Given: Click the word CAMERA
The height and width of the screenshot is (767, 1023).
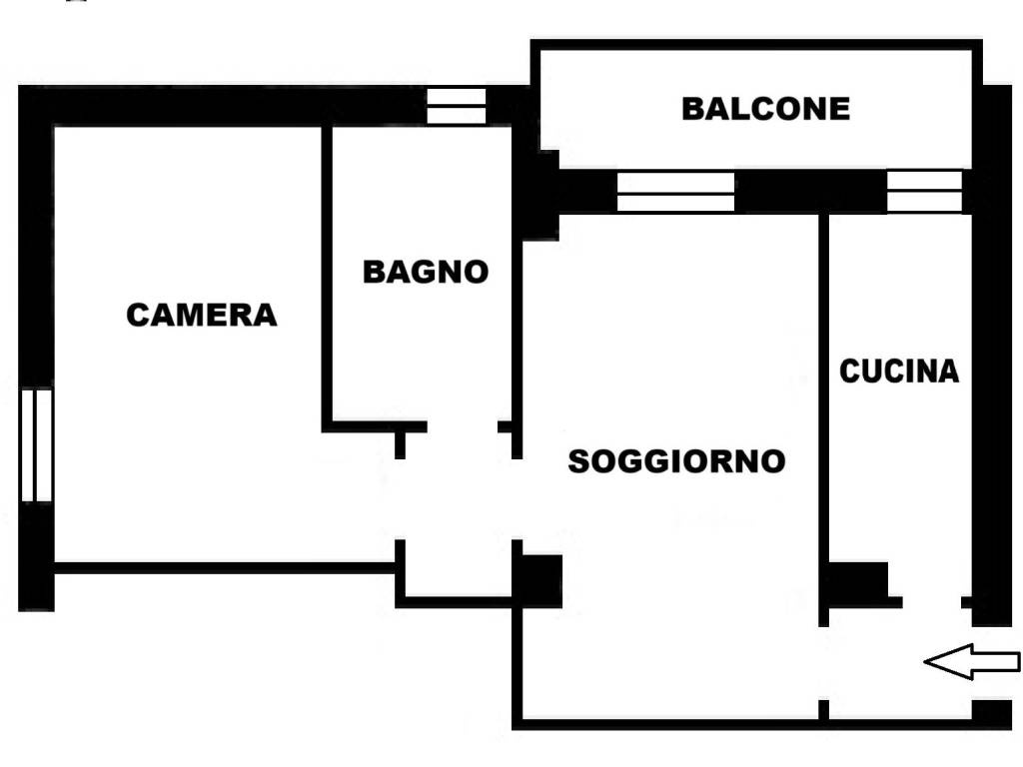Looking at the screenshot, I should [x=201, y=316].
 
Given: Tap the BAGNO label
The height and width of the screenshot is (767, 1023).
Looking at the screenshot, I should [x=425, y=272].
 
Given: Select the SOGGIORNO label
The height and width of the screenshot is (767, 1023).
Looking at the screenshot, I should [x=676, y=461].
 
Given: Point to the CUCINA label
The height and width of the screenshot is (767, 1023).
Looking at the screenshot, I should [x=898, y=372].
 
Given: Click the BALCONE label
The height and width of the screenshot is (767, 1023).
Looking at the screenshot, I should [x=765, y=108].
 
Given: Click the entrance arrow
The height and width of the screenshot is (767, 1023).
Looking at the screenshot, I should [x=971, y=661].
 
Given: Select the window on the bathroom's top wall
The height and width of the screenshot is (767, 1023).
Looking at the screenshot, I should [x=456, y=106].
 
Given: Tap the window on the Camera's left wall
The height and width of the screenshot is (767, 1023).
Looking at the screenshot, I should [x=36, y=445].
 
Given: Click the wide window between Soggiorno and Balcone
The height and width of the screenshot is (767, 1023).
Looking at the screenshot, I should [x=675, y=192].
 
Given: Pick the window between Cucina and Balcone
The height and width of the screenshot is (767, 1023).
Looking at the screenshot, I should [x=924, y=192].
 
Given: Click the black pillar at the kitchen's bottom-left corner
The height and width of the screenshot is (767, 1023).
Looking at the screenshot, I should [x=857, y=583].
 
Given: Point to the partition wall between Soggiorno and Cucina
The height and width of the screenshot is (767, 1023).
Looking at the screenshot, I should [x=823, y=399].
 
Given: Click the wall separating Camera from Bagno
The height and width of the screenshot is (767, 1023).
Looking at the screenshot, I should [x=327, y=275].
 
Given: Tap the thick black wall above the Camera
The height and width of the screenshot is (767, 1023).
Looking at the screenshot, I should [x=220, y=105].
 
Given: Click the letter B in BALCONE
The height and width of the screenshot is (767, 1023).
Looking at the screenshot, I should [x=692, y=108].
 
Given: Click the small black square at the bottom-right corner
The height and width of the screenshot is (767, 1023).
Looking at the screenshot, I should [x=991, y=713].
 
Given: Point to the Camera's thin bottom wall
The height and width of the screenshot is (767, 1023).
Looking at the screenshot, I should [x=225, y=567].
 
